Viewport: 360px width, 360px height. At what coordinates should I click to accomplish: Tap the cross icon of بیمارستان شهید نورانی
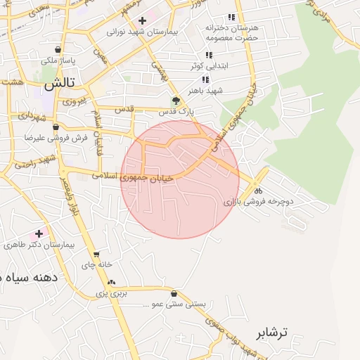click(142, 21)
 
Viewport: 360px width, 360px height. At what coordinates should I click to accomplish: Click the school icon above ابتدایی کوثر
click(209, 55)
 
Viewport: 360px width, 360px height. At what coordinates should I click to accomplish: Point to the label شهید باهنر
click(205, 91)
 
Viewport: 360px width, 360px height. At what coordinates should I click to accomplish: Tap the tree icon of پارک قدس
click(176, 101)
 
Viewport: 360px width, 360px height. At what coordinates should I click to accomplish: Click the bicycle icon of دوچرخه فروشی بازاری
click(258, 191)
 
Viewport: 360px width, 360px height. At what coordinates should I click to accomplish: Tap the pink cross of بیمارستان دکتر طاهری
click(39, 233)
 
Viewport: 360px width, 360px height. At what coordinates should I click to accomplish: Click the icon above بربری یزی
click(111, 282)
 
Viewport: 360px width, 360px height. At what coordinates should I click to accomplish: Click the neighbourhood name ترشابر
click(273, 332)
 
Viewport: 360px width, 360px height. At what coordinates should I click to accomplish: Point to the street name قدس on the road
click(124, 109)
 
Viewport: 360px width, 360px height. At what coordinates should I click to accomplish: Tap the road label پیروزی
click(73, 101)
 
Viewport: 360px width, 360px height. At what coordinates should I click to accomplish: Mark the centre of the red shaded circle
click(180, 179)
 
